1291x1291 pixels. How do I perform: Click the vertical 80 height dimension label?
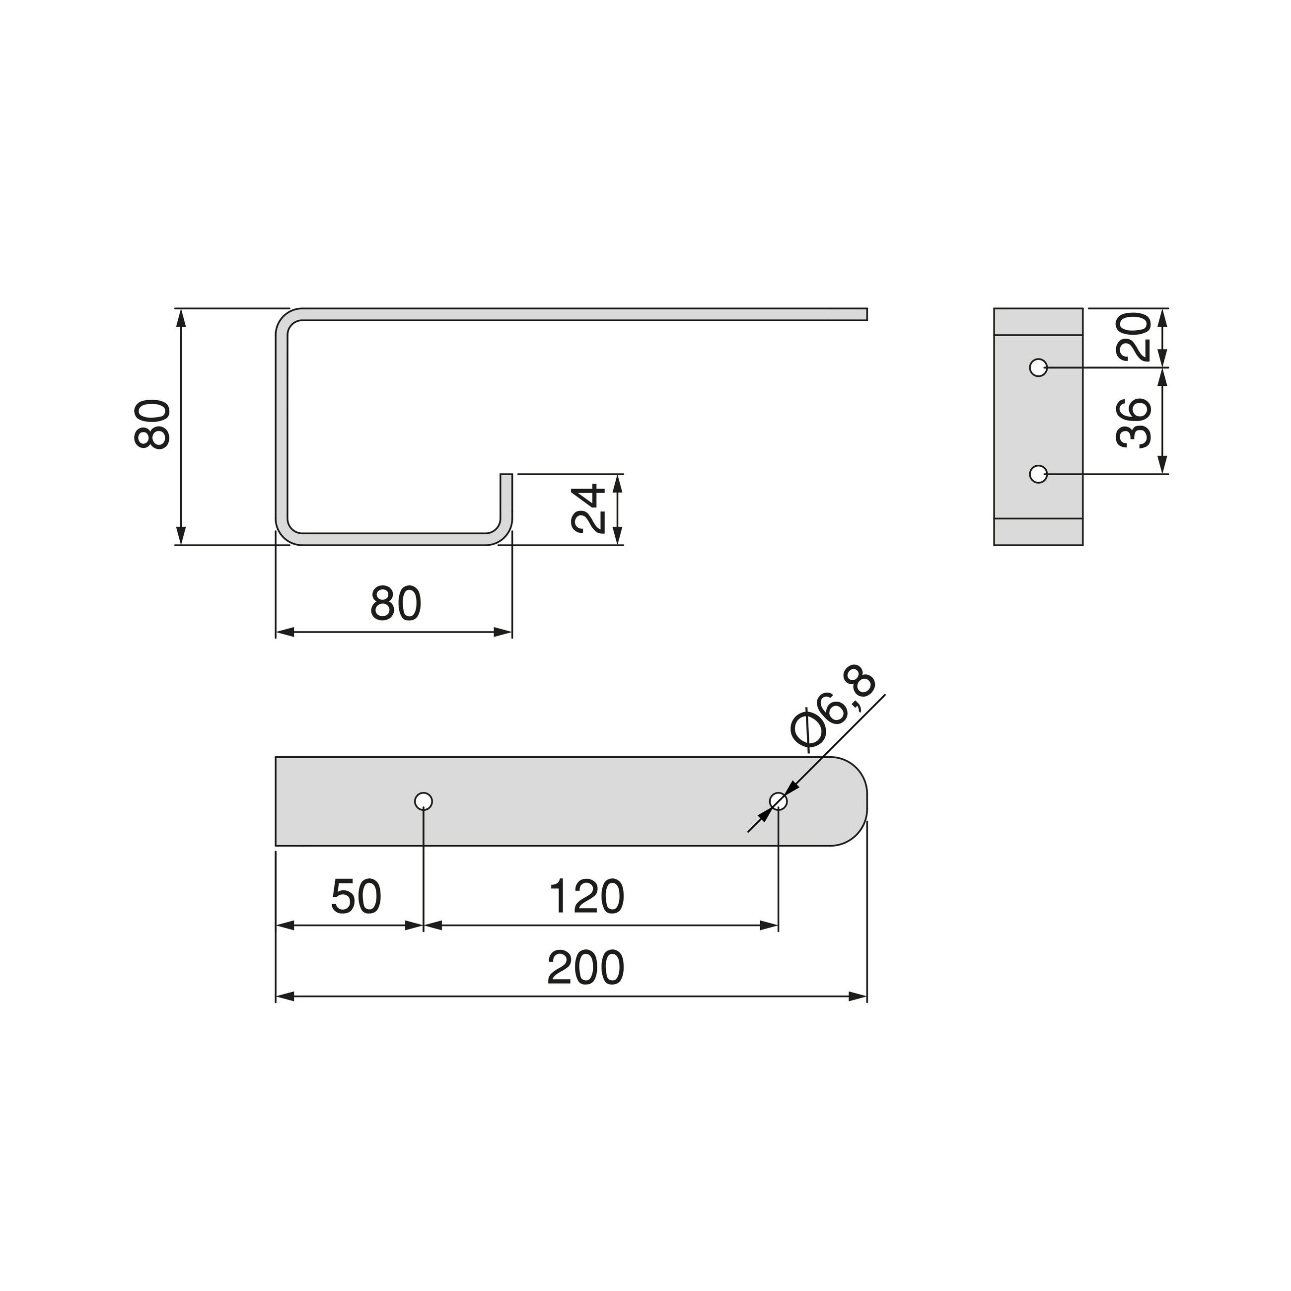153,425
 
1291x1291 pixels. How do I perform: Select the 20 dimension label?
1134,337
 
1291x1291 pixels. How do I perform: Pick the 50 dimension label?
356,897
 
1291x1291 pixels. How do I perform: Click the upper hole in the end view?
1038,367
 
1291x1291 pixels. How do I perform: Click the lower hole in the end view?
1038,474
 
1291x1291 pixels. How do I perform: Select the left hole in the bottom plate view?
424,800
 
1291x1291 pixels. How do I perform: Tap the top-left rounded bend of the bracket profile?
286,319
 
